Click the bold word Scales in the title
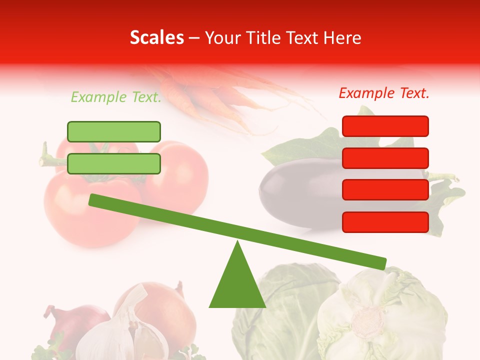pyautogui.click(x=156, y=37)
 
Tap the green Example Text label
pyautogui.click(x=116, y=97)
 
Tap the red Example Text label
pyautogui.click(x=384, y=93)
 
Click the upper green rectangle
pyautogui.click(x=114, y=131)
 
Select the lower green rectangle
pyautogui.click(x=114, y=163)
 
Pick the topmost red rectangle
pyautogui.click(x=385, y=126)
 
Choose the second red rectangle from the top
pyautogui.click(x=385, y=158)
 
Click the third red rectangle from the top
pyautogui.click(x=385, y=190)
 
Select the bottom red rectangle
pyautogui.click(x=385, y=222)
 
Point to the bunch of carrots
pyautogui.click(x=210, y=95)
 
